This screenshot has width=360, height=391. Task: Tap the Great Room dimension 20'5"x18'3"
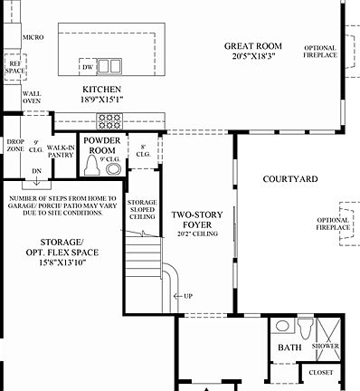tap(252, 56)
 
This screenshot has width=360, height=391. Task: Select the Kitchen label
tap(102, 90)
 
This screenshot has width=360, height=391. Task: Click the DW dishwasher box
tap(87, 67)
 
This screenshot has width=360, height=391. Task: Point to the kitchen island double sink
tap(109, 66)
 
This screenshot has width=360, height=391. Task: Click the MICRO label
tap(33, 37)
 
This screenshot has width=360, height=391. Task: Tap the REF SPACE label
tap(15, 66)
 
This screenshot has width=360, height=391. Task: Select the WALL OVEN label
tap(32, 96)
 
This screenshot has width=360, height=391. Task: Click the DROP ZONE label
tap(15, 147)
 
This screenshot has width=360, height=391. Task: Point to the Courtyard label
tap(289, 180)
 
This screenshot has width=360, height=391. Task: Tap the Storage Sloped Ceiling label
tap(142, 210)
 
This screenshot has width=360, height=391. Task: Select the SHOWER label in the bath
tap(326, 347)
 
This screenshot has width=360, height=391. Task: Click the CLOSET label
tap(320, 372)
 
